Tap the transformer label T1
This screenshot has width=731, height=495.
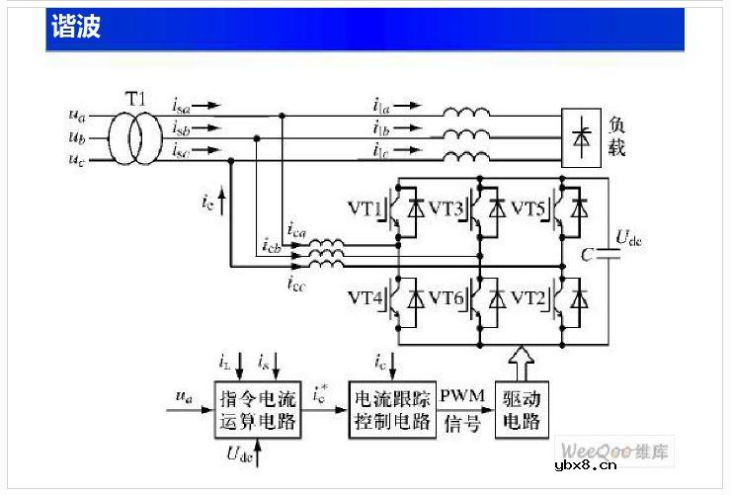135,97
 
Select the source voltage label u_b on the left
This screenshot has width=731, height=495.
77,137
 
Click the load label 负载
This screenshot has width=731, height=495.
617,135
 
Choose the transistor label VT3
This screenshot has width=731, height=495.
447,208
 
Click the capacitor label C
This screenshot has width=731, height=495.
587,255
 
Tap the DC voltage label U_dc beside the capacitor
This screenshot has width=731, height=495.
628,237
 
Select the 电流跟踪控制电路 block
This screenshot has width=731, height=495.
394,409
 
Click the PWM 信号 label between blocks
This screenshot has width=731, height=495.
463,409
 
